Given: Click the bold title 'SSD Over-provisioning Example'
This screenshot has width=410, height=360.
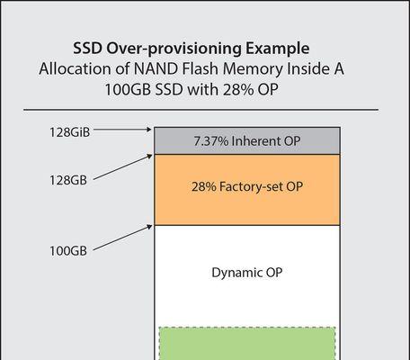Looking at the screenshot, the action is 192,49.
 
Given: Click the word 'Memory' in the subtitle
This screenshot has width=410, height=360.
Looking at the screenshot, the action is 253,69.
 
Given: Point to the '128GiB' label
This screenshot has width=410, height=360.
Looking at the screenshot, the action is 69,132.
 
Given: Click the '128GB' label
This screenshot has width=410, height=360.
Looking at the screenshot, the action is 68,180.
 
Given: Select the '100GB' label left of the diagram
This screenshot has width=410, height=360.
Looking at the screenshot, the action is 68,251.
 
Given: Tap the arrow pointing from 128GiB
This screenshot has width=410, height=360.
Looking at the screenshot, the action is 122,130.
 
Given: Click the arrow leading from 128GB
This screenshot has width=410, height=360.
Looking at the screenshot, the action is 122,167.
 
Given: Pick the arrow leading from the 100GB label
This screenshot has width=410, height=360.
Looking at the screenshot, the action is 122,238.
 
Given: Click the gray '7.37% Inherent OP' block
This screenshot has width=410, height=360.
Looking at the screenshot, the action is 247,140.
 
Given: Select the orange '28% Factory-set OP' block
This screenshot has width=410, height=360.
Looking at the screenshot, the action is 247,190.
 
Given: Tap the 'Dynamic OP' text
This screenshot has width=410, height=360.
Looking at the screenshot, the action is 247,273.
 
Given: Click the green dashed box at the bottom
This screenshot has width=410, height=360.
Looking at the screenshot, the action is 247,344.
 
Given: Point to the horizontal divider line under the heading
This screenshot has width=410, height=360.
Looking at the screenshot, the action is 201,110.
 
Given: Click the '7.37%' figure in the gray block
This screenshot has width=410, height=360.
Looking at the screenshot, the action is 211,141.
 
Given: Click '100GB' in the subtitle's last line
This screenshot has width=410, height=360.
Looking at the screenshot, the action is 128,89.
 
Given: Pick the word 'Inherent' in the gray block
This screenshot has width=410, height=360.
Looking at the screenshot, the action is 256,141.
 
